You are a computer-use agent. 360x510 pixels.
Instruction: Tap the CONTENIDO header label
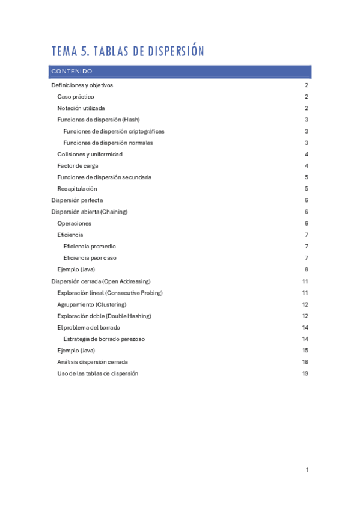pos(72,72)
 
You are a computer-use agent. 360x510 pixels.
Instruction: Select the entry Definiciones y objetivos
pos(82,85)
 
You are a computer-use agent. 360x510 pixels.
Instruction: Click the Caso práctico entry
pos(76,97)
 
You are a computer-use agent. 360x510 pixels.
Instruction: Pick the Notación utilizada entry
pos(81,108)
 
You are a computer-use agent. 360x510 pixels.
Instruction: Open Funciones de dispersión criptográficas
pos(114,131)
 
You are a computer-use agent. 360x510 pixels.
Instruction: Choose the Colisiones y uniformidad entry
pos(90,155)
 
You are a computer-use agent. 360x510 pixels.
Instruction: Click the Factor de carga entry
pos(78,166)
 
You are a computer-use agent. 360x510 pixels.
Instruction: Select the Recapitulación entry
pos(77,189)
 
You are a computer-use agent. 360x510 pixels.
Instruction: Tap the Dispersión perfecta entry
pos(77,200)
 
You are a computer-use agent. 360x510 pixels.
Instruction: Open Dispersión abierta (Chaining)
pos(90,212)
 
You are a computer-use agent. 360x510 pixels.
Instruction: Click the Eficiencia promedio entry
pos(90,247)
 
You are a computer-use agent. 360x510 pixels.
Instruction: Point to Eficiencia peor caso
pos(90,258)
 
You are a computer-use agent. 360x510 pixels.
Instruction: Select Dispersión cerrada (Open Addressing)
pos(101,281)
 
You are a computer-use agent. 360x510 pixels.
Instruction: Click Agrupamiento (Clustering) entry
pos(92,304)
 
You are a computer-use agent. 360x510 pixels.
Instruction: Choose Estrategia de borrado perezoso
pos(104,339)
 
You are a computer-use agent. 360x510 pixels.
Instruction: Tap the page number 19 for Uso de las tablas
pos(305,373)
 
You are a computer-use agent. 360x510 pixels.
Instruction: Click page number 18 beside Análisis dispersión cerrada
pos(305,362)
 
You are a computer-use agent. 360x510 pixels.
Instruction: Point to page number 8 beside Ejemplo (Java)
pos(307,269)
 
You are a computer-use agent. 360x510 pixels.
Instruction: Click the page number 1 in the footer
pos(307,470)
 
